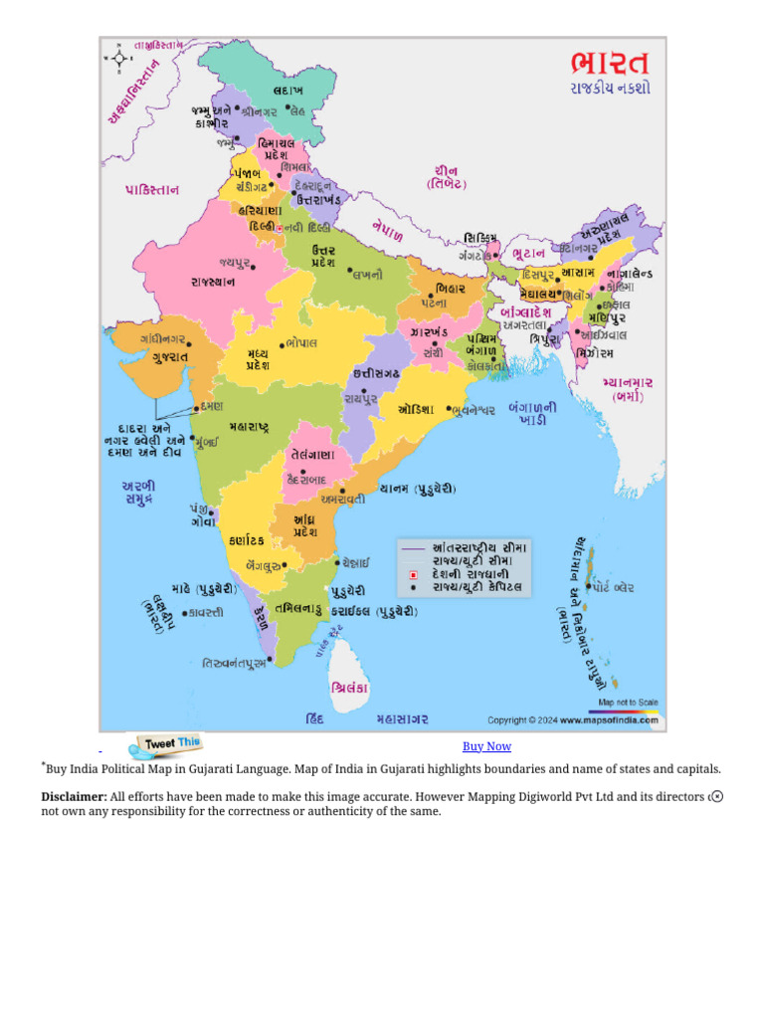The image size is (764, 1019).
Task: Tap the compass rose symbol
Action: [119, 59]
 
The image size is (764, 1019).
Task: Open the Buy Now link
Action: [486, 746]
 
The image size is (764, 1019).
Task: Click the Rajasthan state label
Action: [212, 282]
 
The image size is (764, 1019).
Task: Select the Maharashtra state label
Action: [249, 427]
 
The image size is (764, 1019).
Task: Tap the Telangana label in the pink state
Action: [312, 455]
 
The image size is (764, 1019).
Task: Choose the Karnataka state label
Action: [246, 540]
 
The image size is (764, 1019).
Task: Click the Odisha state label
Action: [417, 409]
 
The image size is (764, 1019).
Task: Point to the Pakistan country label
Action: [152, 189]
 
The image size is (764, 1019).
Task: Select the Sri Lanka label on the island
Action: [349, 688]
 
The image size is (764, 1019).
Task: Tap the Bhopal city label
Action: [299, 342]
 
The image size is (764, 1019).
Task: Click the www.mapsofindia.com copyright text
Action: [608, 719]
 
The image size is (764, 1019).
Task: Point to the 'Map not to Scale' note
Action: [628, 703]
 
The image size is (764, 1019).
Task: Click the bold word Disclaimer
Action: [74, 796]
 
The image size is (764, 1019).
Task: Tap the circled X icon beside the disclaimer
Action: [717, 796]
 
